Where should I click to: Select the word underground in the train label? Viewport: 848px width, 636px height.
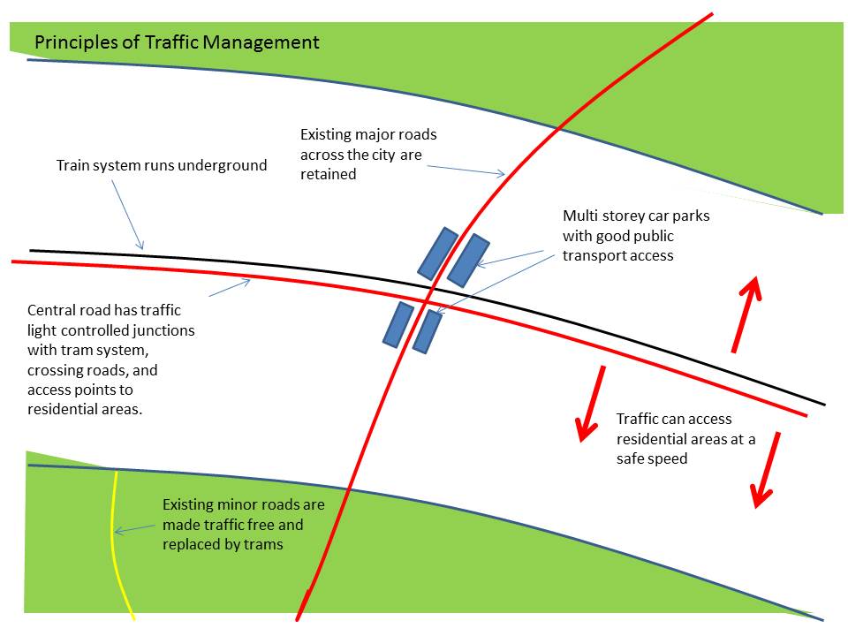(223, 165)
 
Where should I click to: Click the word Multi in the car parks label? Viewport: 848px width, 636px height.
(579, 216)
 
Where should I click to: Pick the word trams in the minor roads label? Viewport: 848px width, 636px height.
(263, 544)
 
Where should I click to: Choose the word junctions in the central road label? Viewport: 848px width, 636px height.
(158, 330)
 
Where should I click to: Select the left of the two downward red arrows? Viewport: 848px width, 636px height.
(591, 403)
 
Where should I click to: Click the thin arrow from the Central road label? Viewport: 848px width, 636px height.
(230, 286)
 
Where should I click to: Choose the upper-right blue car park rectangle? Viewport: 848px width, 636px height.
(468, 261)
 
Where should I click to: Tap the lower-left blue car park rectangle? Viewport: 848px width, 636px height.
(397, 324)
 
